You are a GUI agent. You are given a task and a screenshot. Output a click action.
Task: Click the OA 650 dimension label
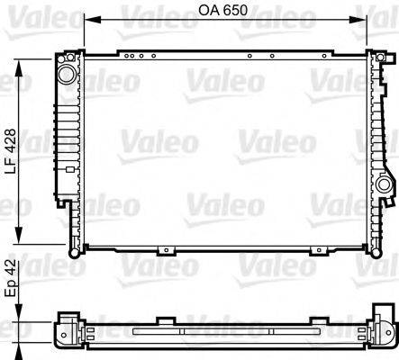point(222,10)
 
